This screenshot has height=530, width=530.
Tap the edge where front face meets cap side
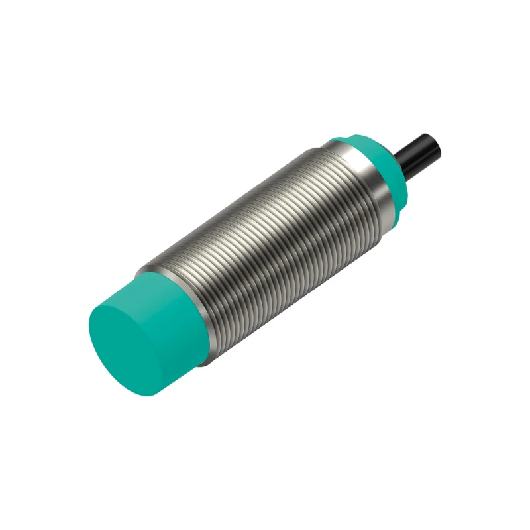pyautogui.click(x=162, y=344)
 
